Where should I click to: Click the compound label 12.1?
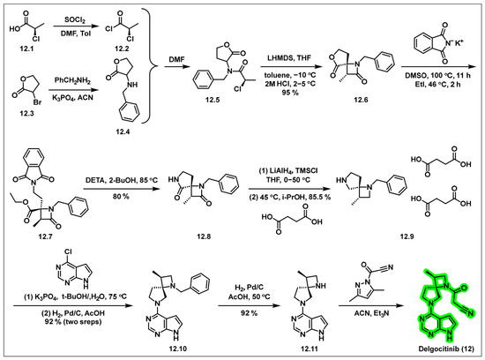(x=26, y=49)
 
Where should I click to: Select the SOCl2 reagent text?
(x=75, y=20)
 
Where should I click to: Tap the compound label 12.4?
(x=123, y=131)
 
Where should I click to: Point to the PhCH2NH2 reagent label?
(x=72, y=81)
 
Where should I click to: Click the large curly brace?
(x=150, y=65)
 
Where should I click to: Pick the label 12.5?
(x=213, y=100)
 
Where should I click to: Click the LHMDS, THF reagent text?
(x=289, y=58)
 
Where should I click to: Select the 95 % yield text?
(x=290, y=92)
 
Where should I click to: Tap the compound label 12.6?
(x=361, y=100)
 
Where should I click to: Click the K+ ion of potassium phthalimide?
(x=459, y=42)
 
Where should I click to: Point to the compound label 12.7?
(x=46, y=236)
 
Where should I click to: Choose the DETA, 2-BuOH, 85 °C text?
(x=122, y=180)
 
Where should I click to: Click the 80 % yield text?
(x=121, y=196)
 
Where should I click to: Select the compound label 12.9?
(x=407, y=236)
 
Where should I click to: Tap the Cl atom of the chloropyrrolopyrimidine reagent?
(x=69, y=251)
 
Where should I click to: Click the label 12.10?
(x=178, y=349)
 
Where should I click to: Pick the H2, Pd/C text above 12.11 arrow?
(x=249, y=288)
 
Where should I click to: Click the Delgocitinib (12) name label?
(x=446, y=349)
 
